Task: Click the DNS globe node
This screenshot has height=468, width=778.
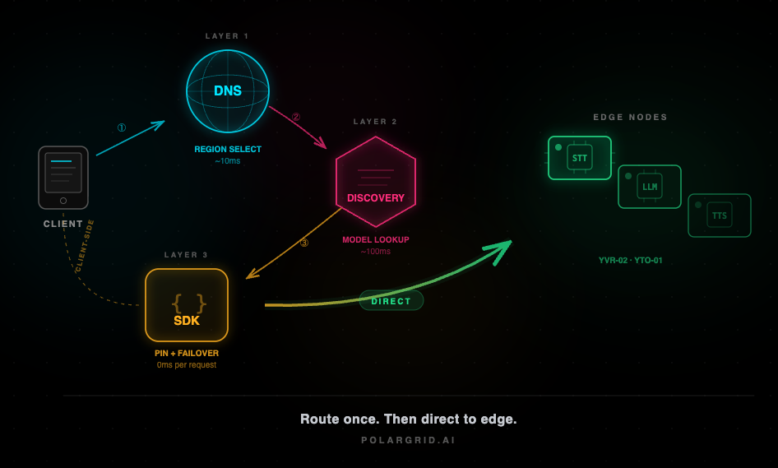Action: coord(228,91)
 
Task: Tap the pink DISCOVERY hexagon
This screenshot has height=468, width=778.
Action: coord(376,183)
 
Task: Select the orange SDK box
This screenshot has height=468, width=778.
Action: coord(187,305)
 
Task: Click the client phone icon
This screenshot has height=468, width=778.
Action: coord(63,178)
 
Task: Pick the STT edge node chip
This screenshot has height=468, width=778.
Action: coord(580,158)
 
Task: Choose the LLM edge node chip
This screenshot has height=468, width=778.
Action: coord(650,187)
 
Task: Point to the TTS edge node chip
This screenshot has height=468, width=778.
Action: coord(720,215)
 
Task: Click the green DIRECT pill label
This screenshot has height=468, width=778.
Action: coord(391,301)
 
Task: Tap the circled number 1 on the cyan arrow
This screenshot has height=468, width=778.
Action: coord(122,128)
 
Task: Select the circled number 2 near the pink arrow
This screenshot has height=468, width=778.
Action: coord(296,118)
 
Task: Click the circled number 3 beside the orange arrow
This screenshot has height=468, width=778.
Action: coord(304,243)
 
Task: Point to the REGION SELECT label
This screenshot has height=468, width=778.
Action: coord(228,150)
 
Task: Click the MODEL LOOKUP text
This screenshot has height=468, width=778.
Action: coord(376,240)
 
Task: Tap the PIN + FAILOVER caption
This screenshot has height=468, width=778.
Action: coord(187,354)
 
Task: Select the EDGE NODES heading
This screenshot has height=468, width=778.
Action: coord(631,118)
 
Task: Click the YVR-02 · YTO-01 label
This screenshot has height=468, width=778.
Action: coord(631,261)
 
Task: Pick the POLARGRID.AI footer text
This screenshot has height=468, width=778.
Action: coord(409,440)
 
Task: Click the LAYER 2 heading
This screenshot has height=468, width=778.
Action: coord(376,122)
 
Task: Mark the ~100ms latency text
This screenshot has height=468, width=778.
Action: coord(376,252)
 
